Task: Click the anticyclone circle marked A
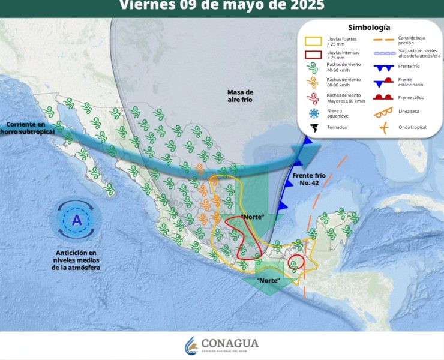pyautogui.click(x=76, y=220)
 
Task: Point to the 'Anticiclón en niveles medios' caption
pyautogui.click(x=76, y=260)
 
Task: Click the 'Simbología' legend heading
pyautogui.click(x=369, y=28)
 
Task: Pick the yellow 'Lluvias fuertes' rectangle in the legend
pyautogui.click(x=313, y=41)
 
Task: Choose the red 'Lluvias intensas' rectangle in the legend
pyautogui.click(x=313, y=55)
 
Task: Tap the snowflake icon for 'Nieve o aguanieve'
pyautogui.click(x=313, y=113)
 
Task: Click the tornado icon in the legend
pyautogui.click(x=313, y=128)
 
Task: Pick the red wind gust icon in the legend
pyautogui.click(x=313, y=97)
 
